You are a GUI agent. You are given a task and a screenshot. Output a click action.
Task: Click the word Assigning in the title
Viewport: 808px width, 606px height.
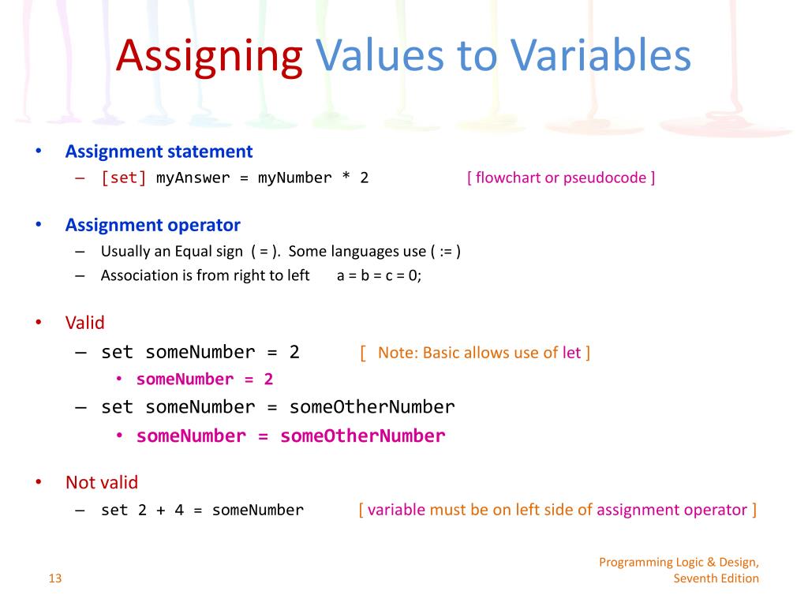[209, 56]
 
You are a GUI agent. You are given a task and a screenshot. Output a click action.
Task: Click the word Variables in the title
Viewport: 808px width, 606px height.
[600, 56]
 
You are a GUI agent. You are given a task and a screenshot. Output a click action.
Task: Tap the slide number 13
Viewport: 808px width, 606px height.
[54, 578]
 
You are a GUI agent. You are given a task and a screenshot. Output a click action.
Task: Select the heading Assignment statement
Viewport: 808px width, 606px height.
[159, 151]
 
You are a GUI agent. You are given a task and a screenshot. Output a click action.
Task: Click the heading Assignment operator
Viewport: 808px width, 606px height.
[152, 225]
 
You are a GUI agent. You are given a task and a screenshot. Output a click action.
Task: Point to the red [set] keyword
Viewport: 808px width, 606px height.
[124, 178]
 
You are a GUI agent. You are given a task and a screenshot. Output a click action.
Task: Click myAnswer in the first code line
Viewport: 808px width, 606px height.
[193, 178]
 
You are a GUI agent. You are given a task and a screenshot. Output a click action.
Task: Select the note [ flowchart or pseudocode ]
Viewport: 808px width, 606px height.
[560, 178]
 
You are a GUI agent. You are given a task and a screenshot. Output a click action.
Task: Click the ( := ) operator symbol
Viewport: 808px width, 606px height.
[445, 252]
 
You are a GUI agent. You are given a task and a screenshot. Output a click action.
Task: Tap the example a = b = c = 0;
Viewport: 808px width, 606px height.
[379, 275]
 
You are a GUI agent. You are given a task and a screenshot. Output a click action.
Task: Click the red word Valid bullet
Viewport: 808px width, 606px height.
[84, 323]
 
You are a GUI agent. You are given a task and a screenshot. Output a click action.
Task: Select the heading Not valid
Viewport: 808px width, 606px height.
[101, 482]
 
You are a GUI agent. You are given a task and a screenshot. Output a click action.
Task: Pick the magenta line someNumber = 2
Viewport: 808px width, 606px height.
[204, 380]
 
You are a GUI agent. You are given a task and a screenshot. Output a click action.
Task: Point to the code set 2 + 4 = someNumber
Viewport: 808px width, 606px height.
[202, 511]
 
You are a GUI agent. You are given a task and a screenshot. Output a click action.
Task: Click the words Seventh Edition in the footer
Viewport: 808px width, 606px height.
[716, 578]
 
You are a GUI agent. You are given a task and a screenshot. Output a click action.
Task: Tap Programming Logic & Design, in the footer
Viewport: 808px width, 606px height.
[679, 562]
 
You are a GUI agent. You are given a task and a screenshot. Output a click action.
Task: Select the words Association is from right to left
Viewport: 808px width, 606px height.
[205, 275]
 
